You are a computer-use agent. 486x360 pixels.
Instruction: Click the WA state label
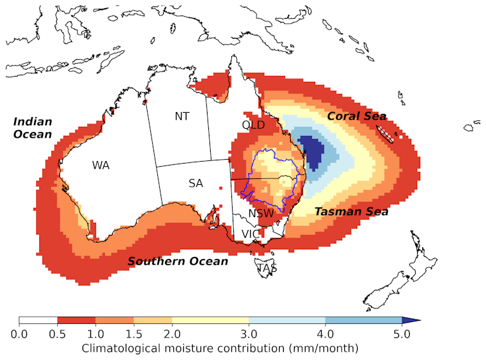(x=100, y=166)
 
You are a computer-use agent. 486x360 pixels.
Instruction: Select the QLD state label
(x=253, y=124)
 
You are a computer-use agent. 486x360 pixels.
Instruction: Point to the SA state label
(x=196, y=184)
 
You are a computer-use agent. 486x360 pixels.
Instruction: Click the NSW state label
(x=261, y=214)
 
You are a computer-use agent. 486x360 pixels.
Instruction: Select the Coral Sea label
(x=356, y=117)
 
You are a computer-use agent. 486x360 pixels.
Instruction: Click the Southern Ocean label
(x=177, y=261)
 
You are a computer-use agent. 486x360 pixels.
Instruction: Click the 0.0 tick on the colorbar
(x=19, y=333)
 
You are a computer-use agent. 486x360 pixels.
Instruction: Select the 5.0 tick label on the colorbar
(x=402, y=333)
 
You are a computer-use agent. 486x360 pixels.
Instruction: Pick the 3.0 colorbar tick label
(x=249, y=333)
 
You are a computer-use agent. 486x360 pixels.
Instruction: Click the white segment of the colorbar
(x=38, y=320)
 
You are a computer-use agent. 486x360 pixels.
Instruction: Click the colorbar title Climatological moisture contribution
(x=219, y=348)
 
